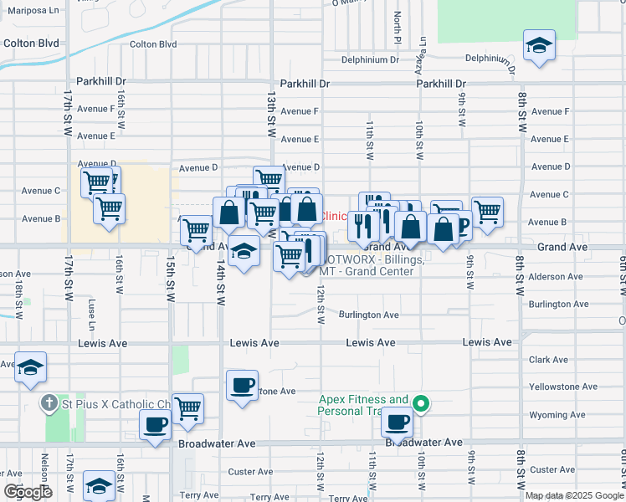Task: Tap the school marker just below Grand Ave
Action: (243, 252)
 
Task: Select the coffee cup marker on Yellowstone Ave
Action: (243, 386)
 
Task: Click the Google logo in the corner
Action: (28, 492)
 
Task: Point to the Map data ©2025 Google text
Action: (572, 495)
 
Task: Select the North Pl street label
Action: (398, 29)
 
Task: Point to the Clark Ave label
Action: (548, 360)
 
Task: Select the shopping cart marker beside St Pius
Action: (187, 407)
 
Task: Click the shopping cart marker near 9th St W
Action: (487, 211)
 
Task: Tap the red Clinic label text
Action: (335, 216)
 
